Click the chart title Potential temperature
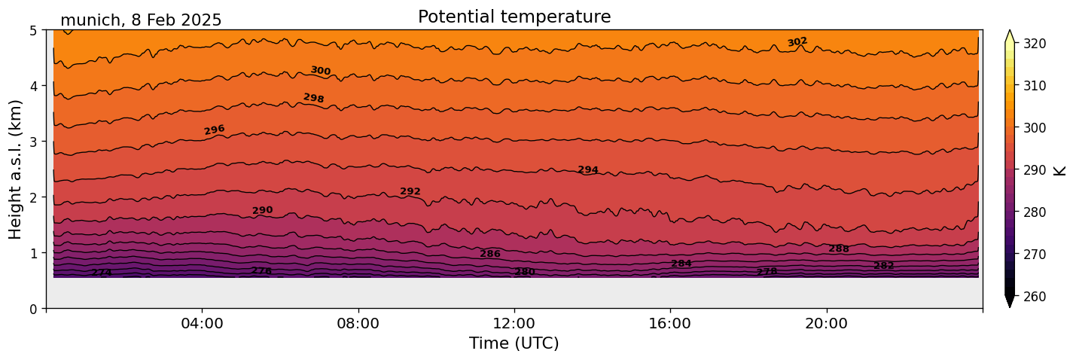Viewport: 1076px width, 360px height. [x=514, y=17]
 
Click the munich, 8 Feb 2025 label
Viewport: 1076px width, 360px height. [x=141, y=20]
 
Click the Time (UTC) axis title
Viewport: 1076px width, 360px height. [x=514, y=343]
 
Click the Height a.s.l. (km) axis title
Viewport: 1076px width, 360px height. [x=16, y=169]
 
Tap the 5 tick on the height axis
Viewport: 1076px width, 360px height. [x=34, y=31]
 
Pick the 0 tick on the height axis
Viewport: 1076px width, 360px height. [x=34, y=309]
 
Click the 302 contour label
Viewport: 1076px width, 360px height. [x=797, y=42]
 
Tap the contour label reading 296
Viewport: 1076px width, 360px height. [x=215, y=130]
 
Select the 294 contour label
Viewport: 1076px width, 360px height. [x=588, y=170]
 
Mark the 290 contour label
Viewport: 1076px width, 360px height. [x=263, y=211]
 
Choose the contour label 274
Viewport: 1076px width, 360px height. [x=102, y=273]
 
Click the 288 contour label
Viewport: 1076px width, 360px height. [x=839, y=249]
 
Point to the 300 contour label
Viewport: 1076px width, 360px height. [x=321, y=71]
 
